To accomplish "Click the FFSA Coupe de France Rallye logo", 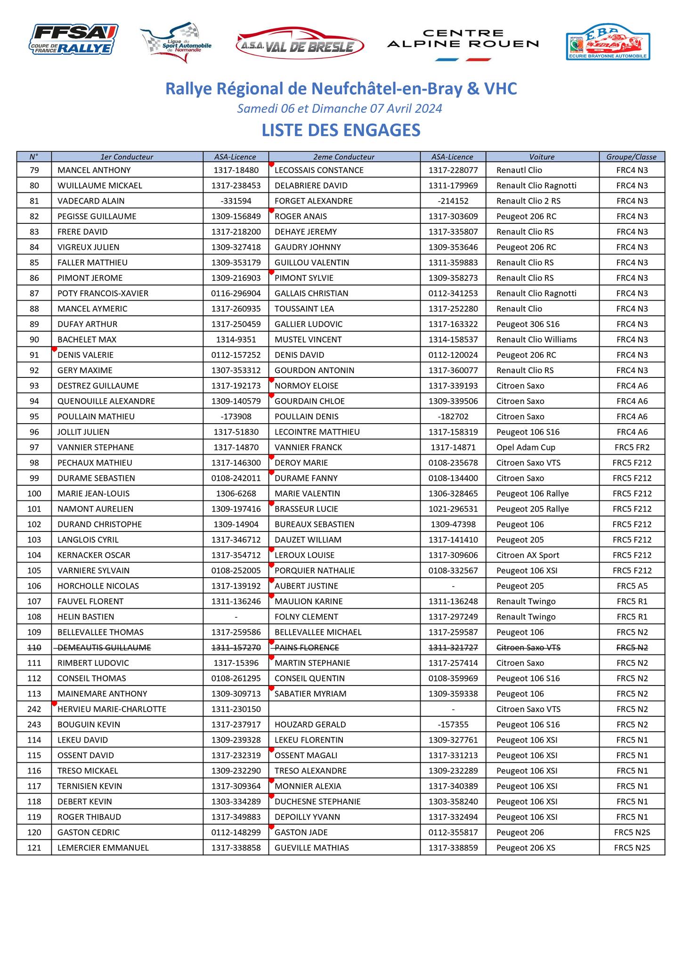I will [73, 40].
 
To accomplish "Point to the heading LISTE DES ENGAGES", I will [341, 130].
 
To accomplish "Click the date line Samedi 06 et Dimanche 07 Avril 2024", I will [340, 108].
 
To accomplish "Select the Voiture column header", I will [542, 157].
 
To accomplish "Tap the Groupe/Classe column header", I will [632, 157].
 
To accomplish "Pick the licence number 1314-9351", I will [236, 339].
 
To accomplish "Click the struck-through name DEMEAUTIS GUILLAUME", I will [104, 647].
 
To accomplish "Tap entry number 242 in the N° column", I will [34, 709].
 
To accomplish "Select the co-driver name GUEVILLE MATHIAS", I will [312, 848].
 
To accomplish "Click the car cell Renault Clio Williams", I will [536, 339].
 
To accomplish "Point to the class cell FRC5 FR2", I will [632, 447].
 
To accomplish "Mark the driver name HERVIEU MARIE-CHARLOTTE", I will [112, 709].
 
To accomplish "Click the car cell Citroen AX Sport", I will [528, 555].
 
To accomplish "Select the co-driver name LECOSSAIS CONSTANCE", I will [319, 170].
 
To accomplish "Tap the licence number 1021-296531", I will [453, 509].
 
